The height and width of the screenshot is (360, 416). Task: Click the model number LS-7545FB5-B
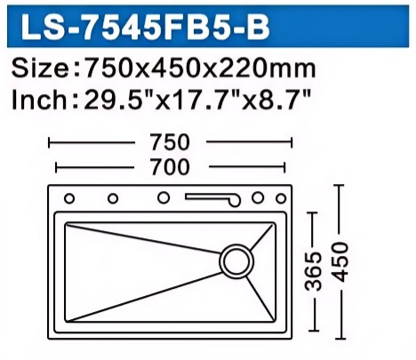(145, 27)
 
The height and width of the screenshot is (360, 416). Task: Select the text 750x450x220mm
(199, 68)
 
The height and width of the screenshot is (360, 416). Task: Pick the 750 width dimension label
(170, 142)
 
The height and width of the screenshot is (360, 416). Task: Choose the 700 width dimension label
(170, 167)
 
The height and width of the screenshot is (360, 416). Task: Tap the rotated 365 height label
(314, 271)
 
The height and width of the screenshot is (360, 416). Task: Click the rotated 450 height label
(340, 261)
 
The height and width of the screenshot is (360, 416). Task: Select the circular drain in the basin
(236, 261)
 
